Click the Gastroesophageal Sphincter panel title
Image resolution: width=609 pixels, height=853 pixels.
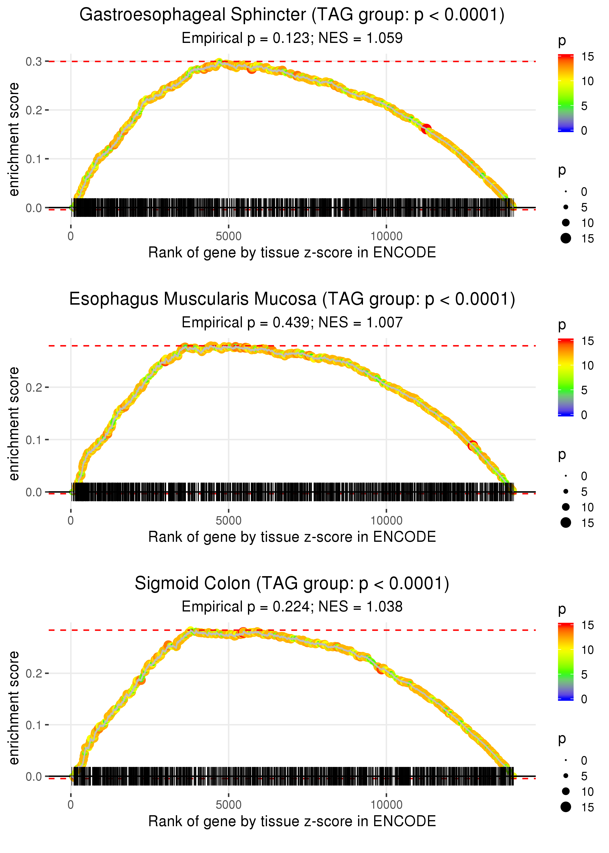(292, 15)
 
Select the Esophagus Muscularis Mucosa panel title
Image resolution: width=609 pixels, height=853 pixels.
(292, 299)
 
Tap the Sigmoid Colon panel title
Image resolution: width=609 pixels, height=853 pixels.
(292, 583)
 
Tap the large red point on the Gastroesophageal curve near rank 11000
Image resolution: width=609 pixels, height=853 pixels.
(426, 129)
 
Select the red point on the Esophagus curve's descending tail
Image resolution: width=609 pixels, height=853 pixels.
(473, 446)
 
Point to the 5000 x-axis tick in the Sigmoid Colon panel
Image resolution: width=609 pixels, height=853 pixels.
(228, 805)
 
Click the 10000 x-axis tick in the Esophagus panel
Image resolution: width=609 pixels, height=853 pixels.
(386, 521)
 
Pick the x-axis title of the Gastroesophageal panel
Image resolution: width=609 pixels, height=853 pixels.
(292, 252)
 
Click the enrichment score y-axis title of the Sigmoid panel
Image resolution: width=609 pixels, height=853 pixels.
(14, 708)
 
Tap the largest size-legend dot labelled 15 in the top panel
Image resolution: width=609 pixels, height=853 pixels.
(566, 238)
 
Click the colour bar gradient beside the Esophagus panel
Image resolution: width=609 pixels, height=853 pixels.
(565, 377)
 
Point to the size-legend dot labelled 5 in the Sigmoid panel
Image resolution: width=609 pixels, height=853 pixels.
(566, 776)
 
